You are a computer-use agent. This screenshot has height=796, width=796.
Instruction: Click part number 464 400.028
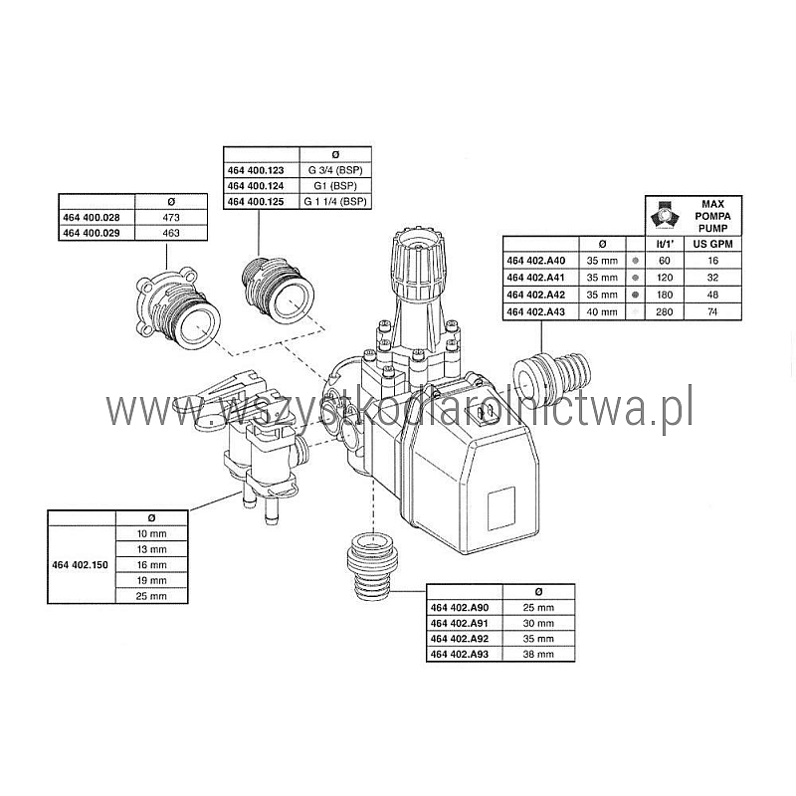(x=92, y=217)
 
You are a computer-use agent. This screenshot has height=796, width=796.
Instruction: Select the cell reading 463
(x=171, y=233)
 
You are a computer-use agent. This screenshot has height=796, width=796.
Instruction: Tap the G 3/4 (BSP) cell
(x=335, y=170)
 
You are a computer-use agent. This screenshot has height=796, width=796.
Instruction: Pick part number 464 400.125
(x=256, y=202)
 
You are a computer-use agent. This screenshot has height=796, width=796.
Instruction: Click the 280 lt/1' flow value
(x=664, y=311)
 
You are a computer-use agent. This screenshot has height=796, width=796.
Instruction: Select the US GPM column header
(x=712, y=244)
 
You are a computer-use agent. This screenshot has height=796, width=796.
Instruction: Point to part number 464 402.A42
(x=535, y=295)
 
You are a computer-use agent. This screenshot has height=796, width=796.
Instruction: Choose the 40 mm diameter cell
(x=602, y=311)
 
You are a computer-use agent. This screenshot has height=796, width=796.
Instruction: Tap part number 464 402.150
(x=81, y=564)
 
